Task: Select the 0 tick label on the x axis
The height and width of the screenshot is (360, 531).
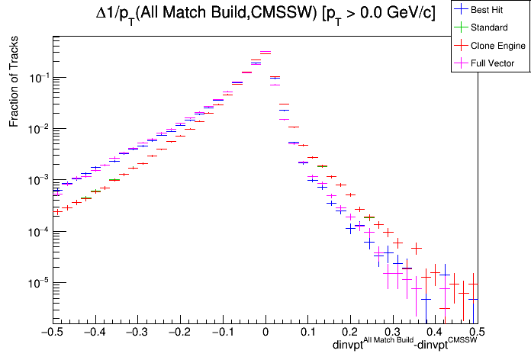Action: [x=265, y=332]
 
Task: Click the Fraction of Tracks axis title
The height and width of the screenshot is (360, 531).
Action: [x=14, y=90]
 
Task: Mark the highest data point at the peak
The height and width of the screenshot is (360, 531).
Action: [x=265, y=53]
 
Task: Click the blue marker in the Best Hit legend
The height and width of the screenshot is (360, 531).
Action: [x=462, y=10]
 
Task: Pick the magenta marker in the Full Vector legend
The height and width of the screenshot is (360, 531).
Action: [x=462, y=63]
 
